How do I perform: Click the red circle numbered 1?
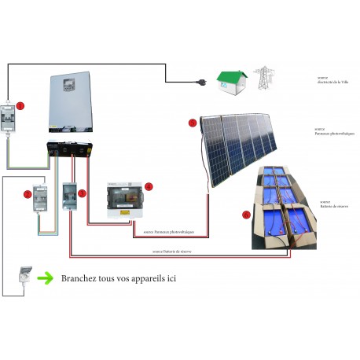pos(20,105)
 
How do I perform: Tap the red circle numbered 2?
pos(27,193)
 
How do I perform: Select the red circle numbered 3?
pos(82,192)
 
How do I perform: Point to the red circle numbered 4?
pos(149,186)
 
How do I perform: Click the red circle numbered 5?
pos(193,122)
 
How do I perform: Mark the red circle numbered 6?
pos(246,214)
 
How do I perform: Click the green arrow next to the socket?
pos(48,277)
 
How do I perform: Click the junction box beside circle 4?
pos(127,199)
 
